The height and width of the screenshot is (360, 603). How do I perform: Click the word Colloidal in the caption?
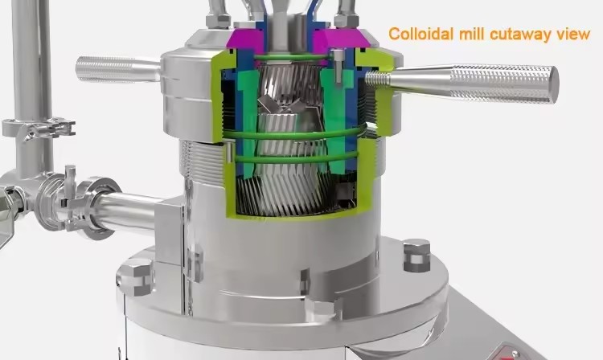click(421, 34)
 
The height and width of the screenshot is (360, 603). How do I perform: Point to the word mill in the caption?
click(472, 34)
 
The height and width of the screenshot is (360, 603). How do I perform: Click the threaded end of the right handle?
click(378, 79)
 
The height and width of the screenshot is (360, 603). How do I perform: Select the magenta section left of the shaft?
click(246, 39)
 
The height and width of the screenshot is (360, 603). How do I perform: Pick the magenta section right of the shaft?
click(340, 39)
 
